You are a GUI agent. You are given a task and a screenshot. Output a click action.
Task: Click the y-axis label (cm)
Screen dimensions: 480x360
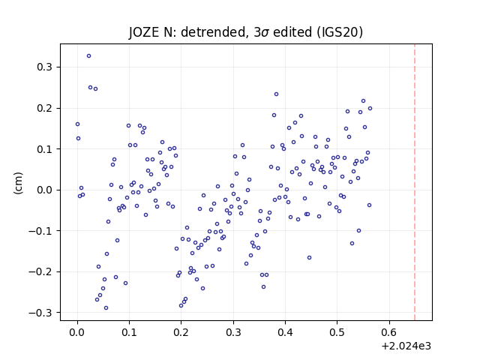pyautogui.click(x=18, y=183)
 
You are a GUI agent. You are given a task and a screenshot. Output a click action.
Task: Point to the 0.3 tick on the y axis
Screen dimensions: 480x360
pyautogui.click(x=44, y=67)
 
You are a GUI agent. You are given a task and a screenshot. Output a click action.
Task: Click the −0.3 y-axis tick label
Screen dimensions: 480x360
pyautogui.click(x=40, y=313)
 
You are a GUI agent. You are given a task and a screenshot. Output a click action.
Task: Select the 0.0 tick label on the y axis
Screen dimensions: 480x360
pyautogui.click(x=44, y=190)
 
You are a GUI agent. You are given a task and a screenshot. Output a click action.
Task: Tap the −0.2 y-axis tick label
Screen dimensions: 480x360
pyautogui.click(x=40, y=271)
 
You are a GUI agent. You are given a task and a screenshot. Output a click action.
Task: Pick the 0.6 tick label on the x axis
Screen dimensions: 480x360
pyautogui.click(x=388, y=332)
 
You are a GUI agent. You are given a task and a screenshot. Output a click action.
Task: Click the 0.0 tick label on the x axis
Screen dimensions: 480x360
pyautogui.click(x=77, y=332)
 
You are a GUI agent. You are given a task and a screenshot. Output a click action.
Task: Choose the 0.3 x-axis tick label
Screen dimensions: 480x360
pyautogui.click(x=233, y=332)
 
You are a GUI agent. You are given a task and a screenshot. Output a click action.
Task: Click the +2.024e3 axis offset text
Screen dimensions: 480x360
pyautogui.click(x=406, y=346)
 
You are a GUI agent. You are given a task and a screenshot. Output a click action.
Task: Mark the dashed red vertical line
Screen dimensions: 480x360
pyautogui.click(x=415, y=182)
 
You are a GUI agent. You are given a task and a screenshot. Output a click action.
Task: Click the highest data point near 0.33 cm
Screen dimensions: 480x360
pyautogui.click(x=88, y=56)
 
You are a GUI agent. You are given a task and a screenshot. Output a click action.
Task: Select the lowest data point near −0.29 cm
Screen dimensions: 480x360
pyautogui.click(x=106, y=308)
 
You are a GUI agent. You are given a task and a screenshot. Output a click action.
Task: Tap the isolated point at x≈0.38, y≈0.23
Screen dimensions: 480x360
pyautogui.click(x=276, y=94)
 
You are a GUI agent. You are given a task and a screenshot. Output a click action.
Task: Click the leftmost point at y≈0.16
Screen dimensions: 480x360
pyautogui.click(x=77, y=124)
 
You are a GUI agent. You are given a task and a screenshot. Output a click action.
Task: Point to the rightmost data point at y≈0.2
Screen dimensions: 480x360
pyautogui.click(x=370, y=108)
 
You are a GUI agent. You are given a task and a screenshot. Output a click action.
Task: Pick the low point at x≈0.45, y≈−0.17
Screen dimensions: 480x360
pyautogui.click(x=309, y=258)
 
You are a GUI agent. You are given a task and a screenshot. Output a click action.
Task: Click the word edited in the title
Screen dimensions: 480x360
pyautogui.click(x=292, y=32)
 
